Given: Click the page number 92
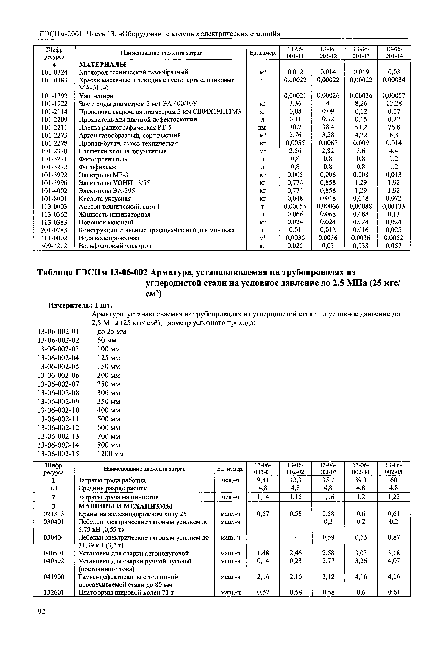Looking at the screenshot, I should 41,619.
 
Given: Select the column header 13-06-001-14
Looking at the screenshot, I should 394,53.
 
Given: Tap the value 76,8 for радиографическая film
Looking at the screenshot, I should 394,127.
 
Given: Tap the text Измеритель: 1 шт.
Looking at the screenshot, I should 80,305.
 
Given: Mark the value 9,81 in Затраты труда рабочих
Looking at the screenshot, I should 263,480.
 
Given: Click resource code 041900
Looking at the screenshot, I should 54,577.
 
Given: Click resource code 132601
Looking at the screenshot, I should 54,592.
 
